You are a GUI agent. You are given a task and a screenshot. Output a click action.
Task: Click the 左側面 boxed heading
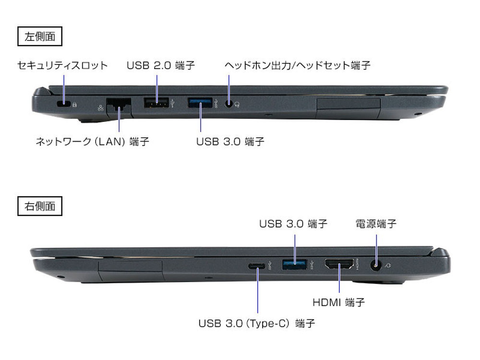pos(40,36)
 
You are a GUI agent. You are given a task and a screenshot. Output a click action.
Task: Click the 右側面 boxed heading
pos(40,206)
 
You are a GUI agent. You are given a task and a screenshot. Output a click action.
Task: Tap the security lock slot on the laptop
pos(64,104)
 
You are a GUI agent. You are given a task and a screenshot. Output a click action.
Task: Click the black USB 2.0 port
pos(156,102)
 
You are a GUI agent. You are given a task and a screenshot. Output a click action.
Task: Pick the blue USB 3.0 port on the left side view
pos(200,102)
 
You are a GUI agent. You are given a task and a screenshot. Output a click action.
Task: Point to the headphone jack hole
pos(228,104)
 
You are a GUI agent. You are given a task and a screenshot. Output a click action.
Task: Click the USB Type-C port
pos(257,265)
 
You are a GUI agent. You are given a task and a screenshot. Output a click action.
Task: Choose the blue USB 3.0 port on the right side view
pos(295,264)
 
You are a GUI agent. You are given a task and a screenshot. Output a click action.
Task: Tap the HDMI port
pos(339,264)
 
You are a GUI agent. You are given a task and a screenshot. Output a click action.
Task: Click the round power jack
pos(376,265)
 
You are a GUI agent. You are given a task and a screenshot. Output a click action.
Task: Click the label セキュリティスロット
pos(62,65)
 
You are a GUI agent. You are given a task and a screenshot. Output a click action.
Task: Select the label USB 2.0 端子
pos(161,65)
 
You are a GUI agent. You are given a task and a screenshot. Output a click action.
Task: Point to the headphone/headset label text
pos(298,65)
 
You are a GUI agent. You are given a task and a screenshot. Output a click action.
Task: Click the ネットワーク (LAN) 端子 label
pos(93,142)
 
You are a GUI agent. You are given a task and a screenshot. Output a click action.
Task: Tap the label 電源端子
pos(376,224)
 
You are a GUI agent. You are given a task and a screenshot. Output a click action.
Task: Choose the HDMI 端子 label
pos(338,302)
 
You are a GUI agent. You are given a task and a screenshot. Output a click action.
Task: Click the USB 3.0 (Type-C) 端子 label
pos(257,323)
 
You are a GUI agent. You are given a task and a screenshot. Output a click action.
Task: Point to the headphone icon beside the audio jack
pos(237,105)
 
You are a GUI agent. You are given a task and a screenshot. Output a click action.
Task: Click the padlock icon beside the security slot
pos(74,104)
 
